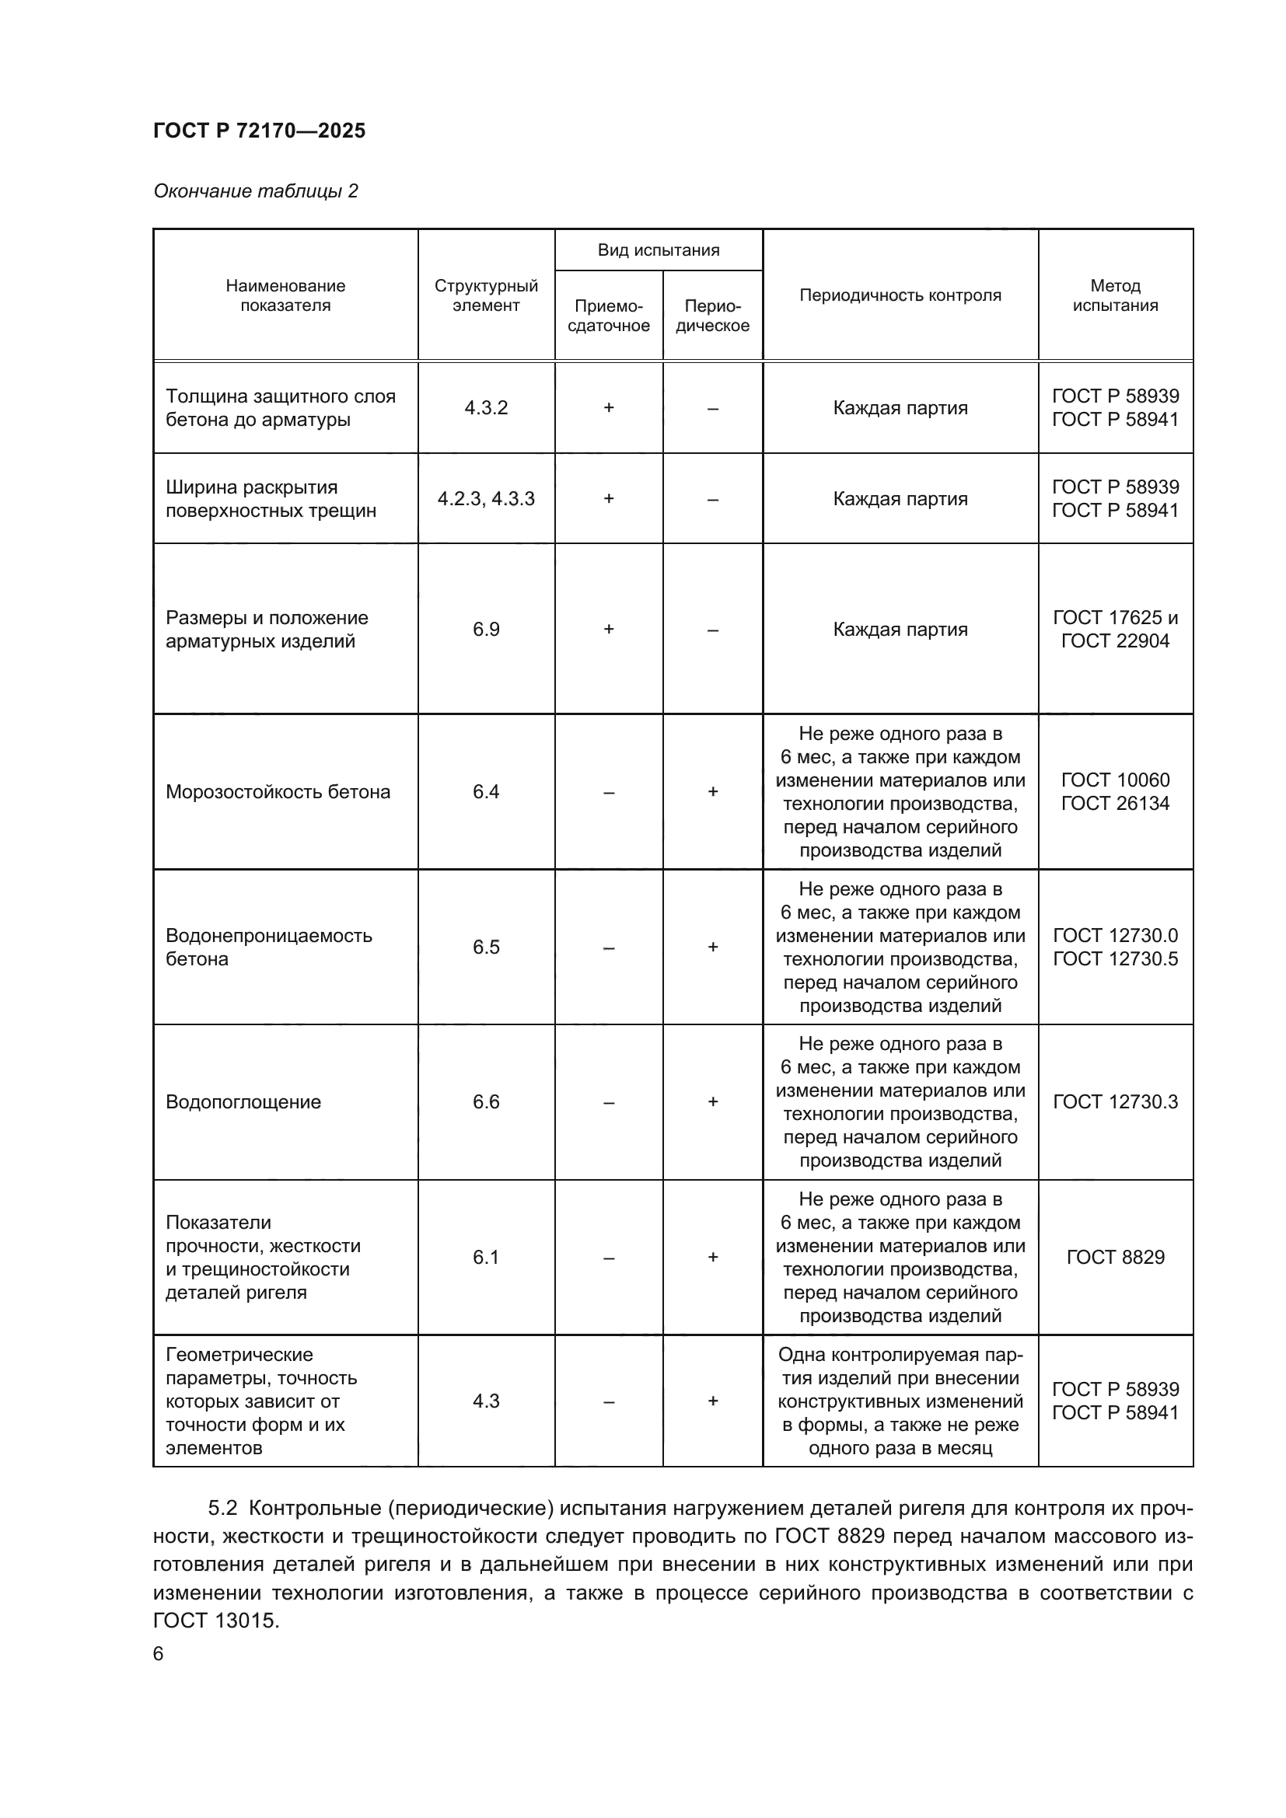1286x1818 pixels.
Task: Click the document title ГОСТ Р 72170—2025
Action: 259,131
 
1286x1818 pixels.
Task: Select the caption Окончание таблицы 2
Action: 255,191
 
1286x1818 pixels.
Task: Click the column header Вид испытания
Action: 658,250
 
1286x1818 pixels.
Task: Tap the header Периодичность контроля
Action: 900,295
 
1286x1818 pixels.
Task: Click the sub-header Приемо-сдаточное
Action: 608,316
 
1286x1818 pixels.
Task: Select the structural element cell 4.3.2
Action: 485,408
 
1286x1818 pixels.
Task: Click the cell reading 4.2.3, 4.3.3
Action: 485,499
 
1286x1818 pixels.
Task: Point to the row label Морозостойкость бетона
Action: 277,792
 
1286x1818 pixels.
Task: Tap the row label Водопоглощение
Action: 243,1102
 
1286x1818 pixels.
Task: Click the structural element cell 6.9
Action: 485,630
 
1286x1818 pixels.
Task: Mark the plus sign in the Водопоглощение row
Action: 713,1102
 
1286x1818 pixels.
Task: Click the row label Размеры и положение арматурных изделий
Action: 266,630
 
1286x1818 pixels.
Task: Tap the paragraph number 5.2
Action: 222,1509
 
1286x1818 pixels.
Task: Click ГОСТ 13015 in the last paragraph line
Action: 215,1621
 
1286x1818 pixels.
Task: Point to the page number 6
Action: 159,1654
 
